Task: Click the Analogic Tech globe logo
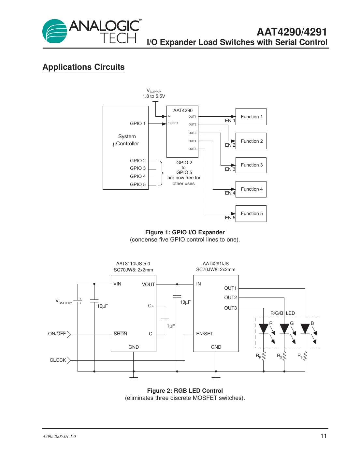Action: pos(55,31)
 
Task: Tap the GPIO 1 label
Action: pos(137,124)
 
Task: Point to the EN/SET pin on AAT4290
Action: pos(173,123)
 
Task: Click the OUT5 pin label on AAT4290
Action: pos(192,149)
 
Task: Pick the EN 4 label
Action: pos(230,193)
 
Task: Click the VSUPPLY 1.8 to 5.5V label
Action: pos(154,94)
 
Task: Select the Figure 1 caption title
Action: pos(185,232)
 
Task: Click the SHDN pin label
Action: pos(120,334)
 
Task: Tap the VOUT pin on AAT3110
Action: pos(148,284)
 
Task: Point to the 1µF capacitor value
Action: pos(171,326)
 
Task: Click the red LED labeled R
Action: pos(263,328)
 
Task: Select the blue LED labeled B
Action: pos(305,328)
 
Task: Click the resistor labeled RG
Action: pos(284,356)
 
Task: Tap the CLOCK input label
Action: pos(58,360)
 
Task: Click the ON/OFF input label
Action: pos(57,334)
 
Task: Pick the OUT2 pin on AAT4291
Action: pos(230,298)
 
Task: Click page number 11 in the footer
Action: pos(323,436)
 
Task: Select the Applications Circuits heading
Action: pos(83,67)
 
